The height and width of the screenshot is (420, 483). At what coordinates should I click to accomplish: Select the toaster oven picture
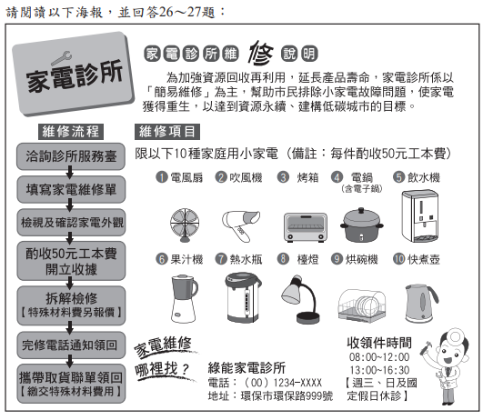pyautogui.click(x=305, y=227)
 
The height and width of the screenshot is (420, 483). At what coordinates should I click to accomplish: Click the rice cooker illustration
pyautogui.click(x=362, y=225)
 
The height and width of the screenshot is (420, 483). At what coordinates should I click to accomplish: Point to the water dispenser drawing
pyautogui.click(x=420, y=216)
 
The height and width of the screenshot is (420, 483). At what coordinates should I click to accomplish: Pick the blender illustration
pyautogui.click(x=184, y=298)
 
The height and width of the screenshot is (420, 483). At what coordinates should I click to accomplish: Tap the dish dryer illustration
pyautogui.click(x=362, y=305)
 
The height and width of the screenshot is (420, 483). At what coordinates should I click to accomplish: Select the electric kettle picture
pyautogui.click(x=421, y=304)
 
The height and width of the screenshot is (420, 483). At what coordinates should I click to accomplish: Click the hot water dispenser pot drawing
pyautogui.click(x=243, y=297)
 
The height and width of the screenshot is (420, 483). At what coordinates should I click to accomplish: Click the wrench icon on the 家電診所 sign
pyautogui.click(x=61, y=58)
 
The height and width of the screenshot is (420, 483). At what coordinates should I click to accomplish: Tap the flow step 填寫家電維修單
pyautogui.click(x=71, y=189)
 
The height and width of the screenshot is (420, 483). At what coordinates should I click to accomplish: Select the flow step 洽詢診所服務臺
pyautogui.click(x=71, y=156)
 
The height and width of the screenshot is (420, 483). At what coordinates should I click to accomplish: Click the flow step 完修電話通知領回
pyautogui.click(x=71, y=345)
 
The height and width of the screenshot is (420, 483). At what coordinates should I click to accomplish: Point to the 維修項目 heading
pyautogui.click(x=167, y=132)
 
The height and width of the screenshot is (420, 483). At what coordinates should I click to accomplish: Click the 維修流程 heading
pyautogui.click(x=71, y=132)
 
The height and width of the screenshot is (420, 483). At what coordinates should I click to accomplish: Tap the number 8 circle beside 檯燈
pyautogui.click(x=283, y=259)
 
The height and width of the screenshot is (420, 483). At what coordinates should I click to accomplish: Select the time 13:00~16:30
pyautogui.click(x=379, y=370)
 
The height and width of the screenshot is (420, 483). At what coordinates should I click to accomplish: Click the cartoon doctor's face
pyautogui.click(x=449, y=354)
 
